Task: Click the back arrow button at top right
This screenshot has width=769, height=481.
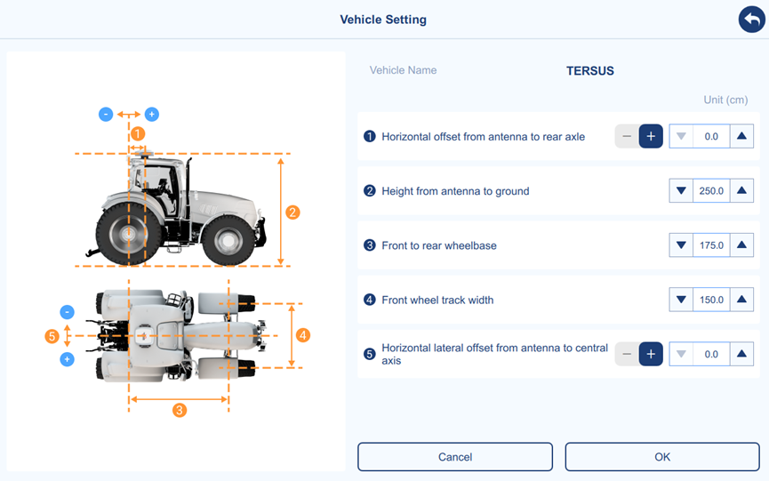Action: point(751,20)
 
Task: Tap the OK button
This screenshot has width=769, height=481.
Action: point(662,457)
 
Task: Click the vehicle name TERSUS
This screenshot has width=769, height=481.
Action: point(590,70)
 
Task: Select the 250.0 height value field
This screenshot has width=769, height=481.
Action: point(711,191)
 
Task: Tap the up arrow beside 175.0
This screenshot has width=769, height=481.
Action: point(741,245)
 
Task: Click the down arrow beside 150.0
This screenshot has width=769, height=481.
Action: point(681,300)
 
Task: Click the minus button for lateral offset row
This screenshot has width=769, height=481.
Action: point(627,354)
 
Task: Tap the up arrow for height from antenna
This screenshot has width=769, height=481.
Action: point(741,191)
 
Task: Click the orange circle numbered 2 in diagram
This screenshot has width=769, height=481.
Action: point(292,212)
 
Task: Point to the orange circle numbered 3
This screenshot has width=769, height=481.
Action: point(180,410)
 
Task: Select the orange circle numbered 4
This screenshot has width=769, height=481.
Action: point(303,335)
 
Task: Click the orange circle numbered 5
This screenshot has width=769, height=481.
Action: point(52,336)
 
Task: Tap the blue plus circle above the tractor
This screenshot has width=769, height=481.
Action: point(151,114)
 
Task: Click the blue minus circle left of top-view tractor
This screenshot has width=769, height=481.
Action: point(68,312)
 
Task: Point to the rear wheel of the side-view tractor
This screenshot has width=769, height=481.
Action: point(129,235)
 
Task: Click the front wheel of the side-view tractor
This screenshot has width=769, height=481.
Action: point(228,241)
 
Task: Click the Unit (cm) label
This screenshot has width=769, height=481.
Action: point(725,100)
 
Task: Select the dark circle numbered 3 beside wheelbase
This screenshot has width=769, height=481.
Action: point(369,245)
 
